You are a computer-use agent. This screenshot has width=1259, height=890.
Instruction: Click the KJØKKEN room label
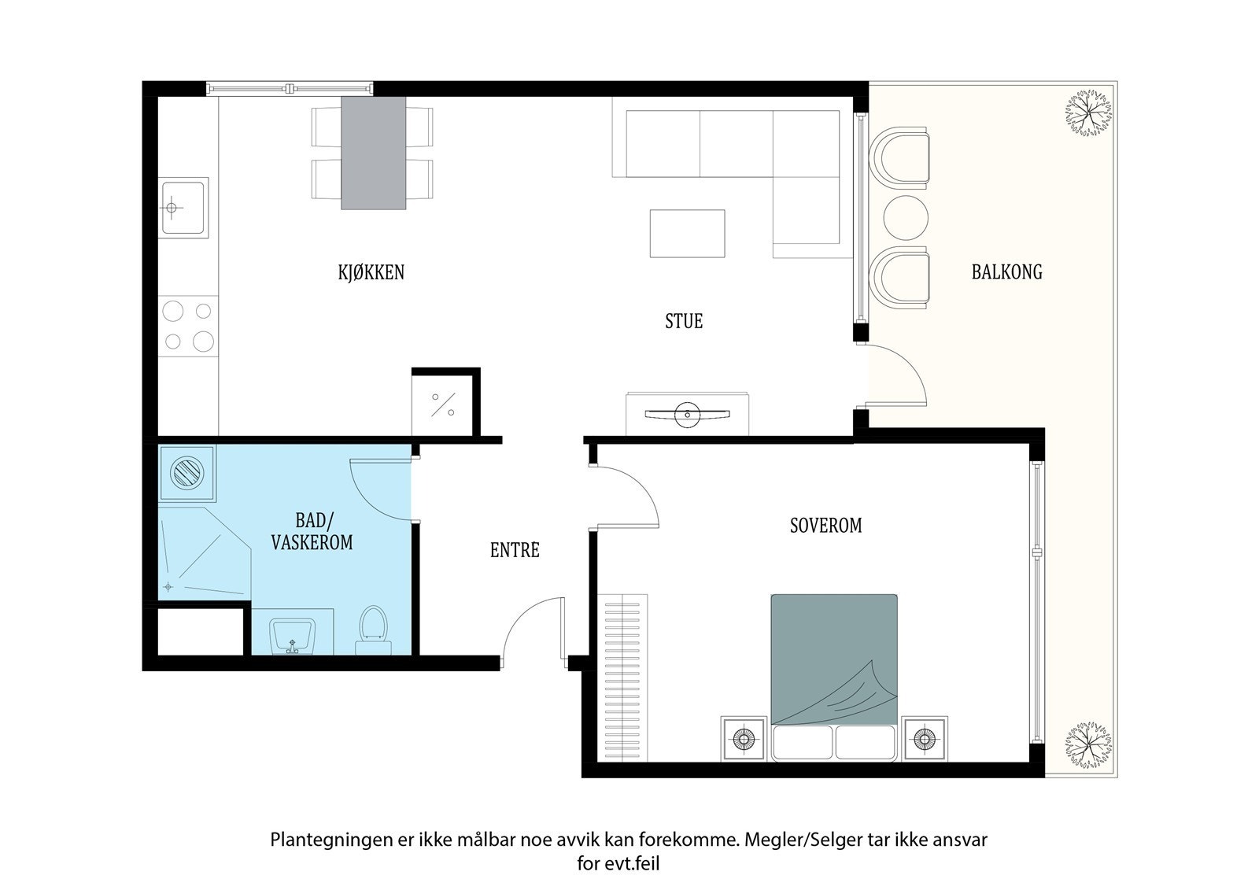(371, 272)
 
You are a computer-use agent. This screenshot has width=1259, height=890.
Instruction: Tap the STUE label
(684, 321)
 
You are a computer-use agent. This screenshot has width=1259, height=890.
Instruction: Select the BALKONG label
(1006, 272)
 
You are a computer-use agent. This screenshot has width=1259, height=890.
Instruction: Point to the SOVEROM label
(825, 526)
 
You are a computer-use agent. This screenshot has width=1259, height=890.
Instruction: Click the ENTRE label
(515, 550)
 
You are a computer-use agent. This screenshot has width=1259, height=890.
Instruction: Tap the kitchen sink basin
(183, 208)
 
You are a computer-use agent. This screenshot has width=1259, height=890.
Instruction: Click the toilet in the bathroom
(373, 630)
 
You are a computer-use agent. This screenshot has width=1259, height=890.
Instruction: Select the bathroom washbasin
(292, 637)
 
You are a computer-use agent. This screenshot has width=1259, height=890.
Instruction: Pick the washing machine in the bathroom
(187, 474)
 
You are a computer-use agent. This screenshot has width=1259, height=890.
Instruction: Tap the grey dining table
(373, 153)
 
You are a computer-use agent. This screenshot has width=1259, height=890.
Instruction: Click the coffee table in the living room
(688, 234)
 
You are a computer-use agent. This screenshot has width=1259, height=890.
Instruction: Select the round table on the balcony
(906, 218)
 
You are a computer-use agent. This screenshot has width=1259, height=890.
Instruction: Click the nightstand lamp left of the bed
(744, 739)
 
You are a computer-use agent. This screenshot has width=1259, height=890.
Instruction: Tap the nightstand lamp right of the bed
(924, 739)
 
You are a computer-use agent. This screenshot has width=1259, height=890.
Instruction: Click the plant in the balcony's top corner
(1089, 113)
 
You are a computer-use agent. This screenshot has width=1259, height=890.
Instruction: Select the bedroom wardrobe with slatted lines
(622, 678)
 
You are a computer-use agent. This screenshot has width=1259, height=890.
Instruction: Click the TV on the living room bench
(687, 415)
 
